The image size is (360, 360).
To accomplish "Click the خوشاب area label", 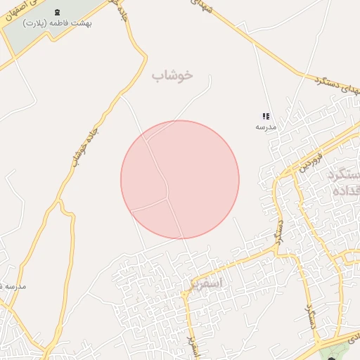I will (x=172, y=75).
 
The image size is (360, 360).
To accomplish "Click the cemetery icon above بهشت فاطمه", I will (x=58, y=12).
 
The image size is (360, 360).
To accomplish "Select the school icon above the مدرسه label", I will (x=266, y=116).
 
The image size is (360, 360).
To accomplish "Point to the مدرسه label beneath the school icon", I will (x=266, y=127).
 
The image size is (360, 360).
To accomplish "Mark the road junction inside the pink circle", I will (x=167, y=198).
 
